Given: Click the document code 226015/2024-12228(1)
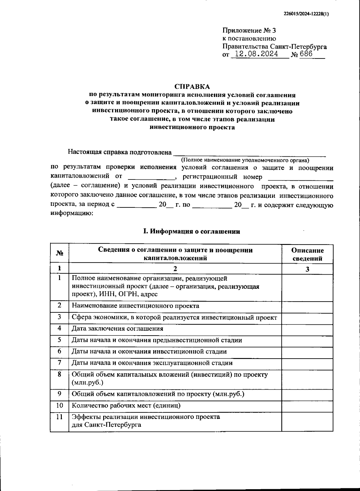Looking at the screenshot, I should [306, 14].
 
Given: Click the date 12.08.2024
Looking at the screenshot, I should [256, 54].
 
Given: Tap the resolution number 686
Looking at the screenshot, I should [306, 54].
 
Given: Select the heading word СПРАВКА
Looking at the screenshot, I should [192, 87].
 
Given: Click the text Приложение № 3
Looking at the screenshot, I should [249, 31].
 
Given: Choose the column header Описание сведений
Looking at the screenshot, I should [307, 254].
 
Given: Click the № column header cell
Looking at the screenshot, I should [60, 254].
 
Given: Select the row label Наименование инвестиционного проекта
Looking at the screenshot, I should [135, 306].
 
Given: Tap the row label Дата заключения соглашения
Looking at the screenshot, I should [117, 328].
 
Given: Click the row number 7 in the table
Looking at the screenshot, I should [59, 363].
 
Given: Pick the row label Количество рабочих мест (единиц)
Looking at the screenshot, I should [126, 406].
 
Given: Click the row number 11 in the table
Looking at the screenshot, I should [59, 417].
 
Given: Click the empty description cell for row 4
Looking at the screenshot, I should [307, 329].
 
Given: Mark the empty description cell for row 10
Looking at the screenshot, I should [307, 406].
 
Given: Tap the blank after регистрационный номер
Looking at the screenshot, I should [300, 177].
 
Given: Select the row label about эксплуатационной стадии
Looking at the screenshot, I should [152, 363].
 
